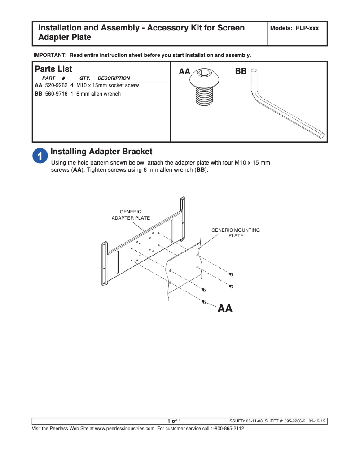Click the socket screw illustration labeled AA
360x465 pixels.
205,88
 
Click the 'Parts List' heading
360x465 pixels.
53,70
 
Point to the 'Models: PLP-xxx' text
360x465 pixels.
294,28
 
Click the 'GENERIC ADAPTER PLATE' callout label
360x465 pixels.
131,215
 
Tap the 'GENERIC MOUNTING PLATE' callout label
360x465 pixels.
236,233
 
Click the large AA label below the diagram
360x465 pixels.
225,309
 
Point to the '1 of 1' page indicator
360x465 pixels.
174,421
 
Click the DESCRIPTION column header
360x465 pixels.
114,78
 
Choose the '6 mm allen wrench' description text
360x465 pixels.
98,94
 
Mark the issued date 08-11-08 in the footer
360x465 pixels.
254,421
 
